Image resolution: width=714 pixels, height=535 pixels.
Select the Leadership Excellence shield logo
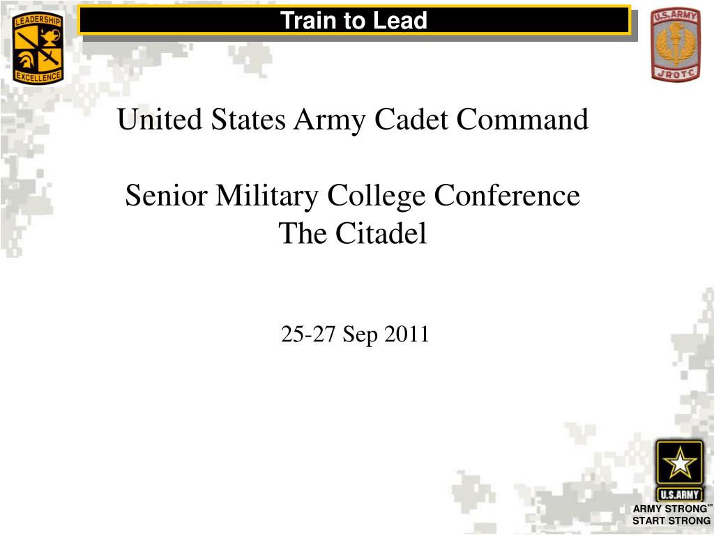38,49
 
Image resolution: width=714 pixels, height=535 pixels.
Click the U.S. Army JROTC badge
675,45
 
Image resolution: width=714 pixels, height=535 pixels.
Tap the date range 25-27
309,335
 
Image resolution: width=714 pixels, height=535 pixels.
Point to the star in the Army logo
678,463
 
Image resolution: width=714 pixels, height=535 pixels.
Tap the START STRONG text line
671,520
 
